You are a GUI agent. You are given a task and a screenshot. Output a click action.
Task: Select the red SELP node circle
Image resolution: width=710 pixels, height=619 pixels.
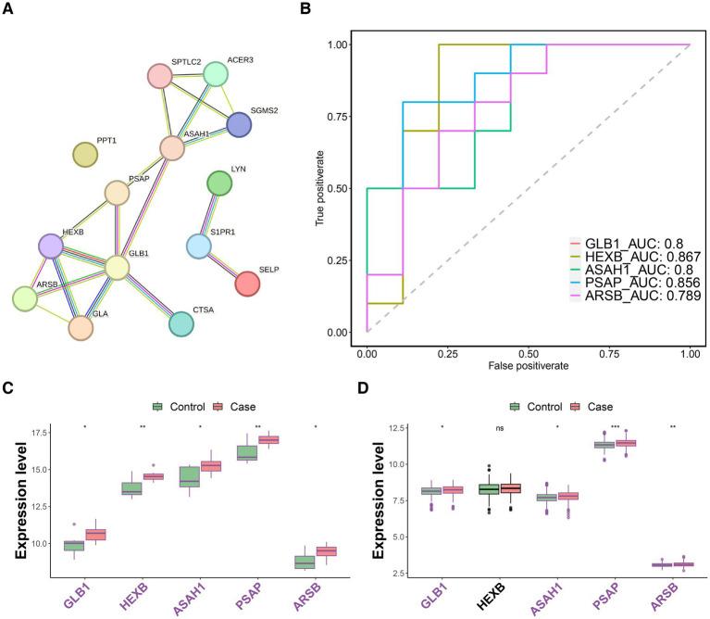point(247,284)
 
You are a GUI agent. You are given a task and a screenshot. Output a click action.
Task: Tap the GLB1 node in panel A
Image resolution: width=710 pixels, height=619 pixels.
point(117,268)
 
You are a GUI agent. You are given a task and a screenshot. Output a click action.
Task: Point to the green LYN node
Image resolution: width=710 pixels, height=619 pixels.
point(219,183)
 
